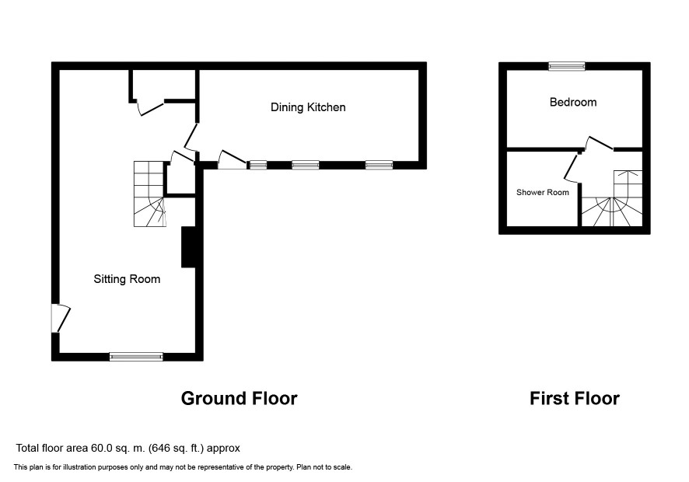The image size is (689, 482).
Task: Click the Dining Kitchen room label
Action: point(308,107)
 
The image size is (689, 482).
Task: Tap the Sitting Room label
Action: point(127,279)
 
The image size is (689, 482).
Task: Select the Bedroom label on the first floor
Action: point(573,103)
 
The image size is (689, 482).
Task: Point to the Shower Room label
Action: point(543,193)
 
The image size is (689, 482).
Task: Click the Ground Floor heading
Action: point(239,398)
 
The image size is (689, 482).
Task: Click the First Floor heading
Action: point(575,398)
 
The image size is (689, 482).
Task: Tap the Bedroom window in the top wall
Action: point(567,66)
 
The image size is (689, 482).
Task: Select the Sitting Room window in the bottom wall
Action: point(136,357)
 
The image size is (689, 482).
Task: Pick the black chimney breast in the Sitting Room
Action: point(188,247)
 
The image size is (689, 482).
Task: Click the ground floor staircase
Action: point(150,194)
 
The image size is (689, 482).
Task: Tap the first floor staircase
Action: point(612,198)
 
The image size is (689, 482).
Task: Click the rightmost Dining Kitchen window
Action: point(379,165)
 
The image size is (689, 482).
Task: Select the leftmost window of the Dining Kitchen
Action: point(258,165)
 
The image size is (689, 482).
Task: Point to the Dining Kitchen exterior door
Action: point(232,160)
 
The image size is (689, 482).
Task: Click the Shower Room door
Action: point(572,168)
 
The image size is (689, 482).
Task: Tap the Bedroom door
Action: point(599,143)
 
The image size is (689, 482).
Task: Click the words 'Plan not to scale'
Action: point(324,467)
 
